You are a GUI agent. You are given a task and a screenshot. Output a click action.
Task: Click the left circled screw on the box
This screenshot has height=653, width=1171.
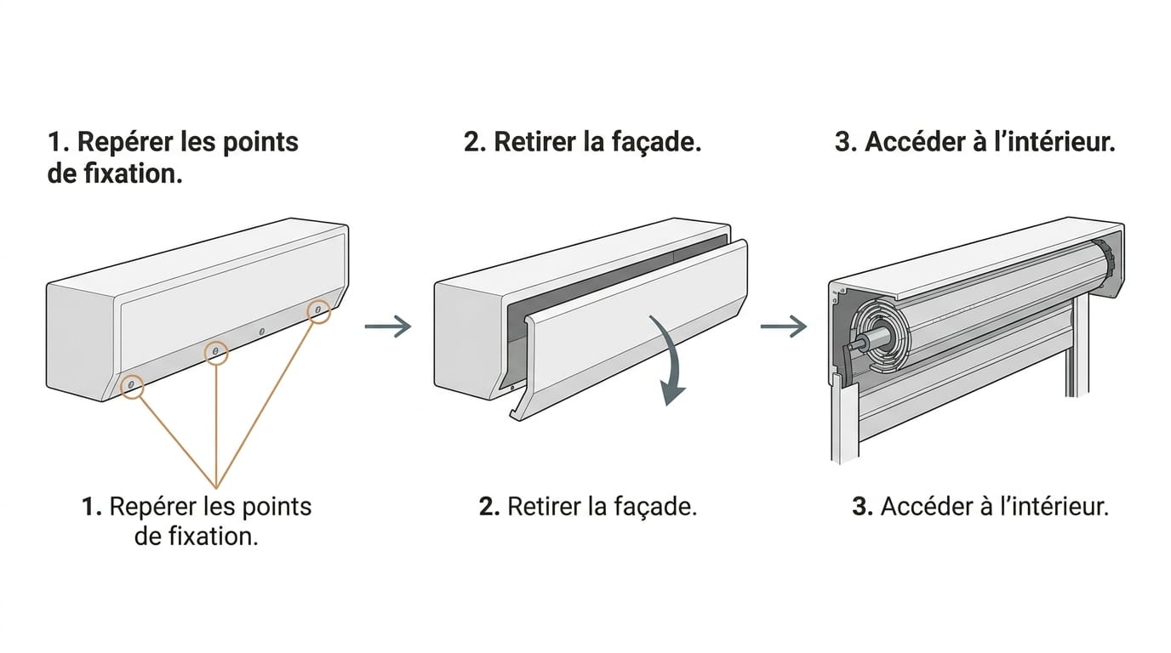click(x=131, y=385)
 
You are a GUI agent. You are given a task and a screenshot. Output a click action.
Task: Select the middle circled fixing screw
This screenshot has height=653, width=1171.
click(x=215, y=352)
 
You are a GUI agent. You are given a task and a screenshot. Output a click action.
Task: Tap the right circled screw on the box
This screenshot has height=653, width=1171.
click(x=317, y=309)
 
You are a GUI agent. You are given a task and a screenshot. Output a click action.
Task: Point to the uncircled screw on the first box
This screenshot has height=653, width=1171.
click(x=262, y=332)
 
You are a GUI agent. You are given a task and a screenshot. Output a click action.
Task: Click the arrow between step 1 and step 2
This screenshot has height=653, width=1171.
click(x=388, y=326)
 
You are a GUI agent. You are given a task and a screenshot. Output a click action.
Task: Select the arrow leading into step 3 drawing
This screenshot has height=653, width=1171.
click(x=784, y=326)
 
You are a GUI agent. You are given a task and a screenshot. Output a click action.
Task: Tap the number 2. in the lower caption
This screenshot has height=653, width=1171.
click(x=490, y=507)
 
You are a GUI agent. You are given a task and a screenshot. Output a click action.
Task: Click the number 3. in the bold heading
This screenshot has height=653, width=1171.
click(x=846, y=142)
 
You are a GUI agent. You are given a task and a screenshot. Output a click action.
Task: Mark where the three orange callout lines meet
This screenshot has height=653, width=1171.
click(x=216, y=488)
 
